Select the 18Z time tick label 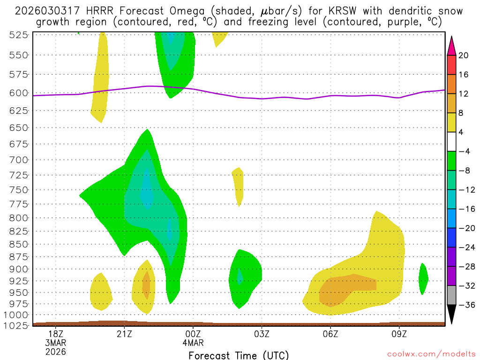[56, 333]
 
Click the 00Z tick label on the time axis [193, 333]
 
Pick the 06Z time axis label [330, 333]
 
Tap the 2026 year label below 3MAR [56, 351]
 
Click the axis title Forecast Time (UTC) [239, 355]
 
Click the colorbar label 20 [464, 56]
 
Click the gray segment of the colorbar [451, 295]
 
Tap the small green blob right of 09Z [423, 278]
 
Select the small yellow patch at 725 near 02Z [239, 184]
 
